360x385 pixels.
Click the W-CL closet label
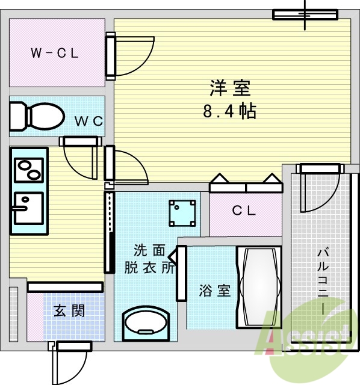[x=55, y=53]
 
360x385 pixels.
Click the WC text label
[x=88, y=120]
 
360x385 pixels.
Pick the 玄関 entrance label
[x=69, y=311]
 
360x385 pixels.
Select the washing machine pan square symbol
[x=183, y=212]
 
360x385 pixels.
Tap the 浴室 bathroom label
[x=215, y=291]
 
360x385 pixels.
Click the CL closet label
[x=244, y=211]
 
